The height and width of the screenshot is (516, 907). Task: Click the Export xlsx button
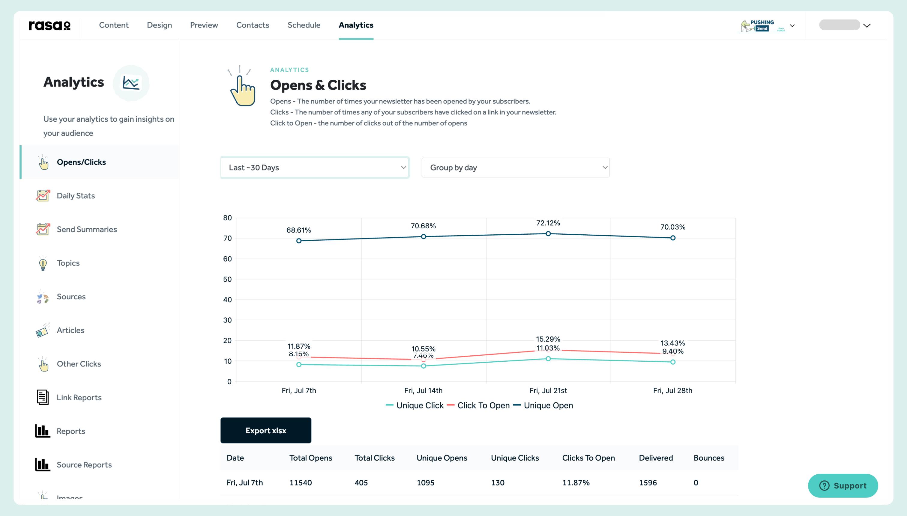266,430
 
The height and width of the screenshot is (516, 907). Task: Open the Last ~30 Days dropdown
315,168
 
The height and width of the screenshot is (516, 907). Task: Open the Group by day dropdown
515,168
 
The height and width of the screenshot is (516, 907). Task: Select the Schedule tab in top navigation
304,25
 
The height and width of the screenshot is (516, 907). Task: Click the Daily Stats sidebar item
76,196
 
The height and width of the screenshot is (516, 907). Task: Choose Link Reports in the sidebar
79,397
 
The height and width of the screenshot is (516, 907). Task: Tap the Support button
843,485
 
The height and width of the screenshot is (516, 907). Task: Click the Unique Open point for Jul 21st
548,233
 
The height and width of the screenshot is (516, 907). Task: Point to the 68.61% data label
299,230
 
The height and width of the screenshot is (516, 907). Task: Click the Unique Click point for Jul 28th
672,362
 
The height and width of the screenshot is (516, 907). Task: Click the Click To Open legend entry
483,405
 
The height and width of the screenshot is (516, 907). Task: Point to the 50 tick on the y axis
227,279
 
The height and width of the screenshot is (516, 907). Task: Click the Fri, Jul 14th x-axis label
423,390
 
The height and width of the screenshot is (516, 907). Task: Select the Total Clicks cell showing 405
361,482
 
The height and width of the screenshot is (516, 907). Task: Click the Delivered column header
656,458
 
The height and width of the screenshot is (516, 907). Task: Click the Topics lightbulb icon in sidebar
43,263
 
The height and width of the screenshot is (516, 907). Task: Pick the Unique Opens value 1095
425,482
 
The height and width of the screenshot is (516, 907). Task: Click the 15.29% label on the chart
548,339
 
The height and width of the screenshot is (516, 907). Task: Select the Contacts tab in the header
253,25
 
